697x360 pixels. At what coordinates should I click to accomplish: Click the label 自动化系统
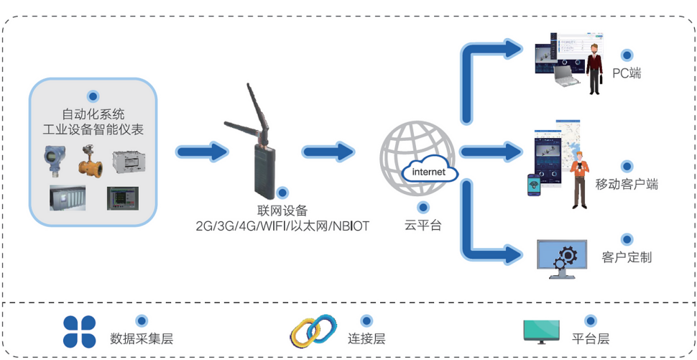click(93, 114)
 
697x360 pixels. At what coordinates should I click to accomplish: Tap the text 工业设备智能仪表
click(93, 129)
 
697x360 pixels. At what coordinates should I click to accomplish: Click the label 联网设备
click(282, 211)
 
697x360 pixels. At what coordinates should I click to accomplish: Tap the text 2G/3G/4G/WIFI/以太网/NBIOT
click(282, 226)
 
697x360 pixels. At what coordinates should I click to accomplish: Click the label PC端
click(627, 73)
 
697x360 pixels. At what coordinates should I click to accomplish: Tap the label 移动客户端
click(627, 184)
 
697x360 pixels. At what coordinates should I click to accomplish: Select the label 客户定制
click(627, 257)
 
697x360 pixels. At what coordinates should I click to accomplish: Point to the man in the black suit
click(594, 68)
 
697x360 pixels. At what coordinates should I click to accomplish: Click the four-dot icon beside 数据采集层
click(79, 331)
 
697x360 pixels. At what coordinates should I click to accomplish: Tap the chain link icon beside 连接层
click(314, 331)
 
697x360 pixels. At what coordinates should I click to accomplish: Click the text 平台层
click(591, 338)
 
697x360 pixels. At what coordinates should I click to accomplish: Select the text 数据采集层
click(142, 338)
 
